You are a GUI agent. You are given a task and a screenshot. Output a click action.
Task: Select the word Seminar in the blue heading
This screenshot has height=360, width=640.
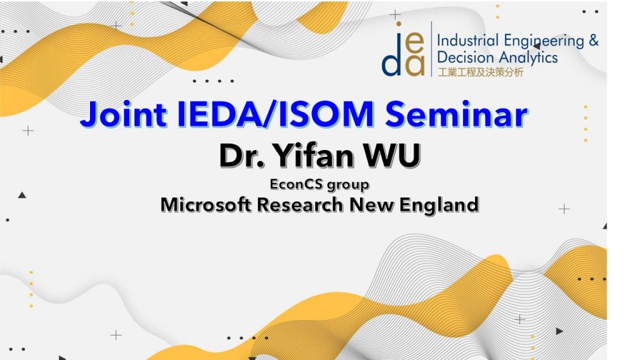(x=456, y=114)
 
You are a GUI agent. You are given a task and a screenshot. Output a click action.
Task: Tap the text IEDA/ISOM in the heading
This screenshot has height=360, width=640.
(x=276, y=114)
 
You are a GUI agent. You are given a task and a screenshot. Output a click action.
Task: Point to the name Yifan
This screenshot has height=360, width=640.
(x=314, y=156)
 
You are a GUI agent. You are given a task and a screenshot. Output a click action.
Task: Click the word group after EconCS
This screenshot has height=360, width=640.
(x=348, y=185)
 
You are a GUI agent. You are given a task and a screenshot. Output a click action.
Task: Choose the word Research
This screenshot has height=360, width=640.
(x=300, y=204)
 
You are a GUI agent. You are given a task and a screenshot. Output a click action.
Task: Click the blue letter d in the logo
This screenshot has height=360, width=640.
(x=391, y=60)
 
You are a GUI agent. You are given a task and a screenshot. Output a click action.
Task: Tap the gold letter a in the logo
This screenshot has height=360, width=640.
(x=416, y=66)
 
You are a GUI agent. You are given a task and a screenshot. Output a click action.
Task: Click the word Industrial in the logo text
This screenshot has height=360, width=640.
(x=467, y=41)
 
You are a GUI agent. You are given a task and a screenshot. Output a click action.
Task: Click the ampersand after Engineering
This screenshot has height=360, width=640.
(x=594, y=41)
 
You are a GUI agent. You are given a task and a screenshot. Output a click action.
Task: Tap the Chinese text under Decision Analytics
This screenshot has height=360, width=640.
(x=481, y=72)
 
